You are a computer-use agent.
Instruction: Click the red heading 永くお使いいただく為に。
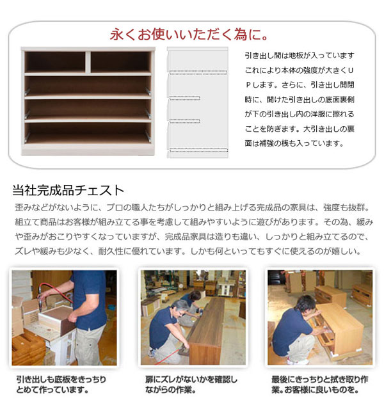189,33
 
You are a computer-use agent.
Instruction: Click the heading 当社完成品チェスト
68,190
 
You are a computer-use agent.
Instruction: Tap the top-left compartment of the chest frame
55,62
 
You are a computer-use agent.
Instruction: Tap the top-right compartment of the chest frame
120,62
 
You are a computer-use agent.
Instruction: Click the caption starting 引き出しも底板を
61,384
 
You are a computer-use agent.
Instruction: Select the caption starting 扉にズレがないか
191,384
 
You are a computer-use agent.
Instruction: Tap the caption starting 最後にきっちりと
318,384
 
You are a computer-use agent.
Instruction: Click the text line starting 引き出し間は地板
300,55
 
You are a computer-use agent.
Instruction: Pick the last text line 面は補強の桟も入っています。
294,143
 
